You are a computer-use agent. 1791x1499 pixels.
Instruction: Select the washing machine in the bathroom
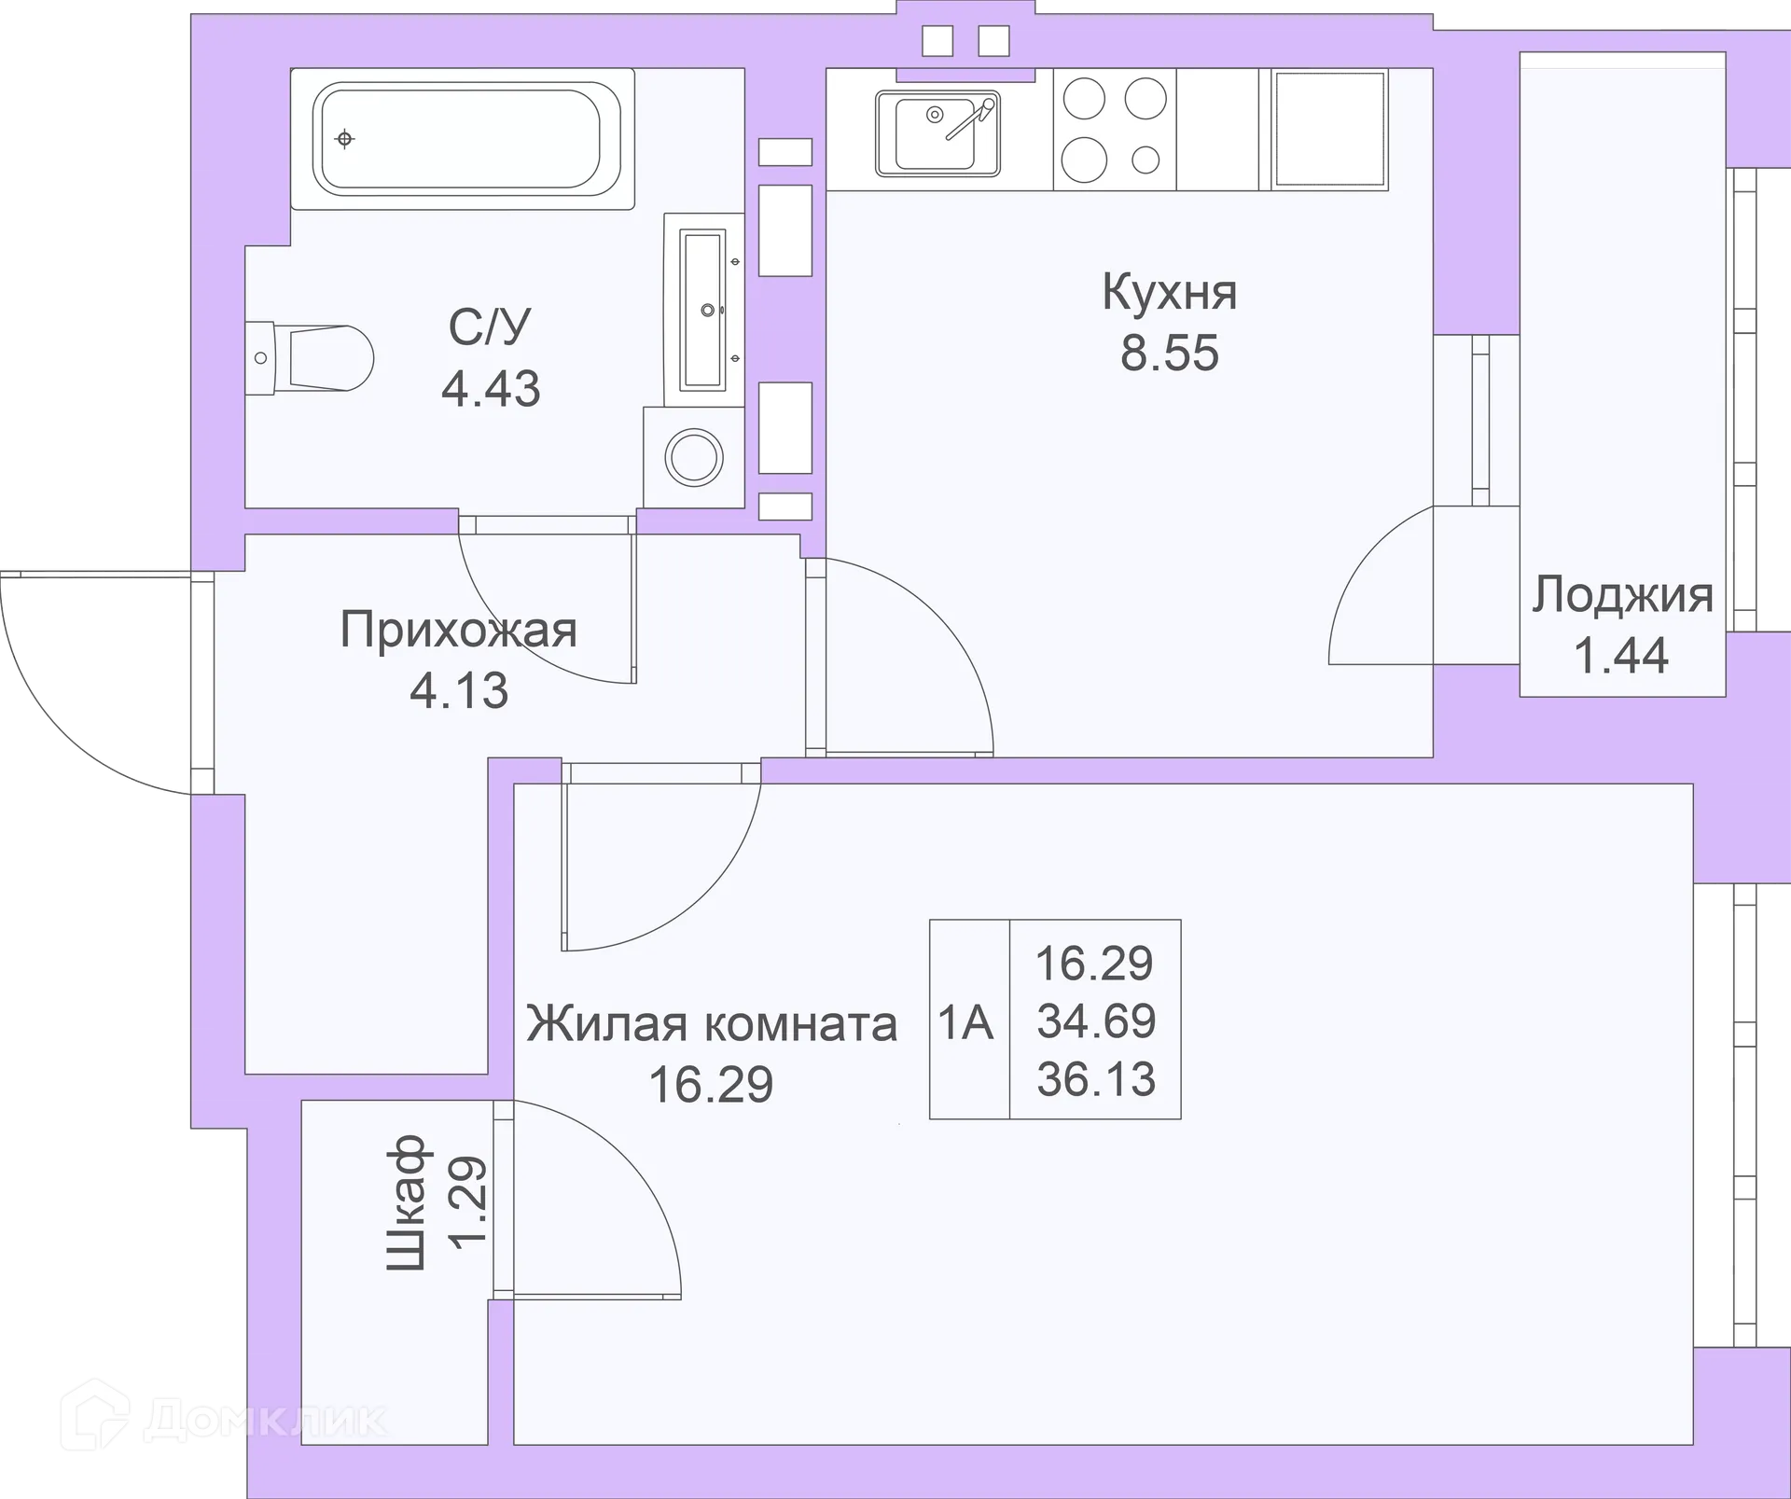click(x=693, y=458)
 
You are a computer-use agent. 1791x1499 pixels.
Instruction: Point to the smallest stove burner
click(x=1145, y=160)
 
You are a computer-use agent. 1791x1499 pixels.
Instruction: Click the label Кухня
click(x=1169, y=293)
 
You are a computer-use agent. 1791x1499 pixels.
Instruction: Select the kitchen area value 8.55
click(x=1169, y=354)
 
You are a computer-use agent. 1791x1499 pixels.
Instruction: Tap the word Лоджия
click(x=1622, y=595)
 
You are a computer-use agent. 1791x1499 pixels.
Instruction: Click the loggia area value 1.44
click(x=1621, y=655)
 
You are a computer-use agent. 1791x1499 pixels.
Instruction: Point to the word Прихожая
click(x=458, y=630)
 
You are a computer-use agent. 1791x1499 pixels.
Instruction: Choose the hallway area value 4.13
click(x=459, y=690)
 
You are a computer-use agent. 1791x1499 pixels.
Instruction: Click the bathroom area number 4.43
click(x=491, y=388)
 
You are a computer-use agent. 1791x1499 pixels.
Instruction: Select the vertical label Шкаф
click(x=407, y=1202)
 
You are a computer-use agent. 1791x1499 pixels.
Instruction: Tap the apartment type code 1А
click(x=966, y=1022)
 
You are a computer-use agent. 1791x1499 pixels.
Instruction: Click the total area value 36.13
click(x=1096, y=1079)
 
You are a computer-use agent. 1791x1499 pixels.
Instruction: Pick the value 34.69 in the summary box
click(x=1096, y=1020)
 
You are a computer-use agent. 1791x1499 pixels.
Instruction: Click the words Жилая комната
click(x=712, y=1024)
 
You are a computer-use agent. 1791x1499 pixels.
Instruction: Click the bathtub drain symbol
click(x=345, y=139)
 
